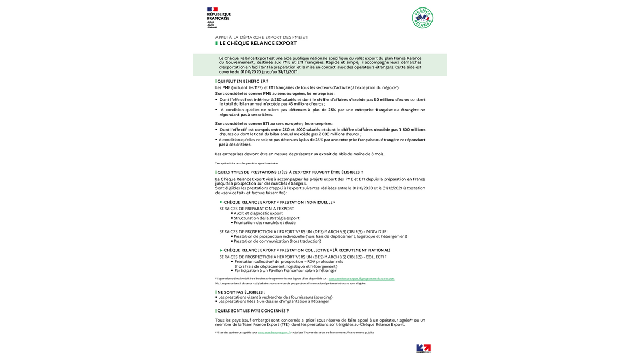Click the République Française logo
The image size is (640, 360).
(219, 17)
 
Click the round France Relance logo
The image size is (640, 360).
(422, 18)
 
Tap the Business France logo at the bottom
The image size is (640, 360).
(423, 348)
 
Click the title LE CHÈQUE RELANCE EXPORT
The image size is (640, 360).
(258, 43)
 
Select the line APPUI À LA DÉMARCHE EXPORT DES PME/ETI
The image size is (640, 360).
(262, 37)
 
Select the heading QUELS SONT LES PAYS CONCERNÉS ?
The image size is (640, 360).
(252, 310)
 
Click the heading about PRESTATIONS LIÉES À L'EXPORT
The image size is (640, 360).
(290, 172)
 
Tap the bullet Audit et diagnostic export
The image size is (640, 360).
(258, 213)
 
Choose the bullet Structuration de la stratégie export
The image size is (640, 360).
(266, 218)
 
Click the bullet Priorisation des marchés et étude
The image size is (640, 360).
(265, 222)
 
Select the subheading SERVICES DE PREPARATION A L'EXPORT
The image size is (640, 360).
(257, 209)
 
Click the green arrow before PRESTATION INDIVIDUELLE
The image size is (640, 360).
(221, 202)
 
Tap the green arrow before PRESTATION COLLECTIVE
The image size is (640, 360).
(221, 250)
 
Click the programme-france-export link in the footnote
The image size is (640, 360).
(361, 279)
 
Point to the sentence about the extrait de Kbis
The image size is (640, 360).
(300, 154)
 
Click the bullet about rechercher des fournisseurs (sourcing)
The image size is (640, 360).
(275, 297)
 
